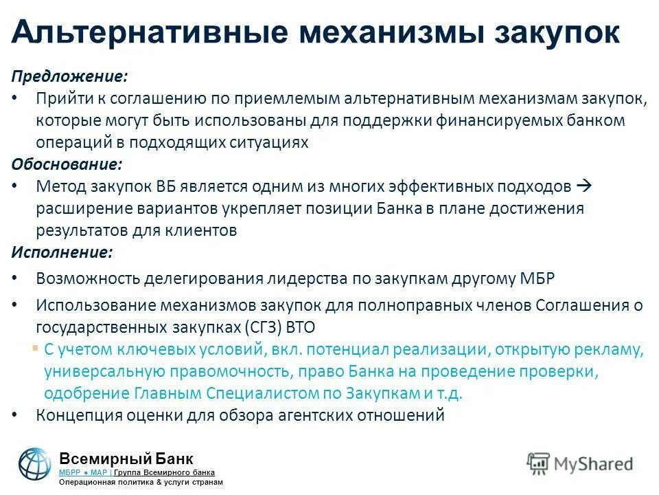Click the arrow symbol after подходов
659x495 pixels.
pyautogui.click(x=584, y=186)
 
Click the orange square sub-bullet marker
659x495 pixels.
pyautogui.click(x=35, y=347)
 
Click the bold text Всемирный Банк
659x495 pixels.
pyautogui.click(x=126, y=459)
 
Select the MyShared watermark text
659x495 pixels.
pyautogui.click(x=579, y=463)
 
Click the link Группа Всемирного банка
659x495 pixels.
pyautogui.click(x=164, y=472)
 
